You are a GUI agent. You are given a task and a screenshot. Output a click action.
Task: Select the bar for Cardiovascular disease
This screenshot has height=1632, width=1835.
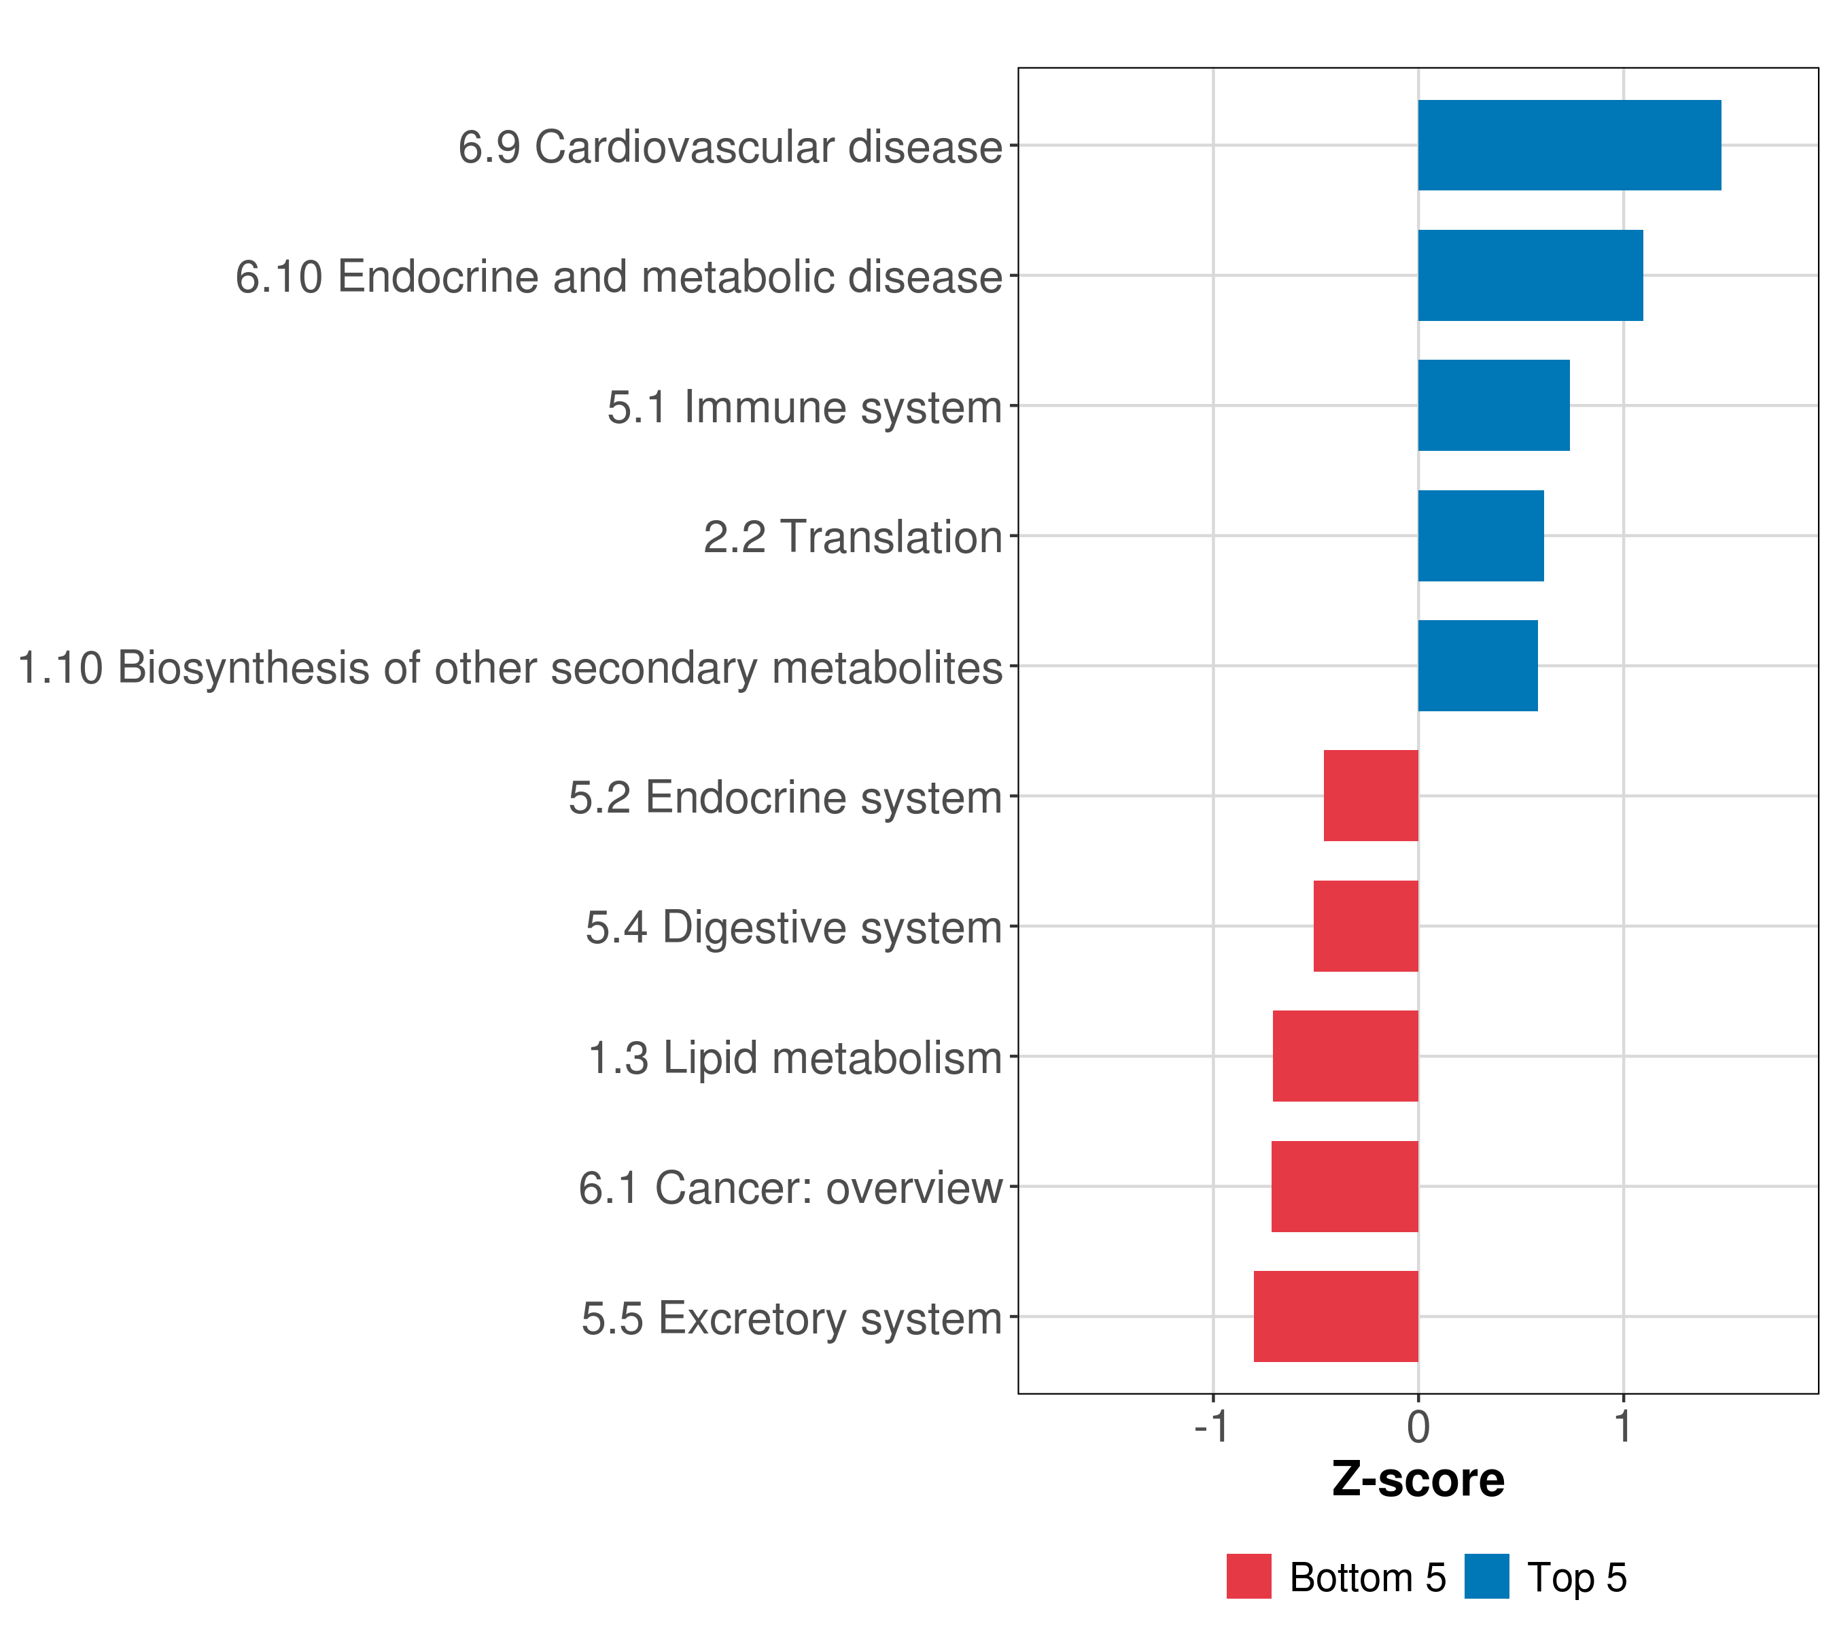click(1569, 145)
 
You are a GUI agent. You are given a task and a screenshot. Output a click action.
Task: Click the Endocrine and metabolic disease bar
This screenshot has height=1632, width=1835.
click(1531, 275)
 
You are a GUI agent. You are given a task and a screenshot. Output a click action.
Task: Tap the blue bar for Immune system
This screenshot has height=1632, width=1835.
click(1494, 405)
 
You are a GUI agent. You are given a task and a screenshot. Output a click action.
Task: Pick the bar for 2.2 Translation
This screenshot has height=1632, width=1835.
click(1482, 535)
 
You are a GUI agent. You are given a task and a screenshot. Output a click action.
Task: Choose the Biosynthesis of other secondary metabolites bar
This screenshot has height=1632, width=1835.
click(1478, 666)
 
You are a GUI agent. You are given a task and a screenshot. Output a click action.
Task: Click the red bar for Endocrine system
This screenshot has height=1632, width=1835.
click(1371, 796)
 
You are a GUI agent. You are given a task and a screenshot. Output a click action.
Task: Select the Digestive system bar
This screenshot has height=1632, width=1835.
click(1365, 926)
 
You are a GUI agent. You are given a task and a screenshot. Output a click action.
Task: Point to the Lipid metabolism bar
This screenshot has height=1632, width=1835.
click(1346, 1056)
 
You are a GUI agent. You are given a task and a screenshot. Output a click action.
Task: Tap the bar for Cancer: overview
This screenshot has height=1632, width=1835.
click(1345, 1187)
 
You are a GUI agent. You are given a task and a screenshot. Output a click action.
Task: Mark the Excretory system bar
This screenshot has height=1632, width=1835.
click(1336, 1316)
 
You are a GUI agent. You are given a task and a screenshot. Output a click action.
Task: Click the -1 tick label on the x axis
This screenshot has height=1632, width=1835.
click(1212, 1427)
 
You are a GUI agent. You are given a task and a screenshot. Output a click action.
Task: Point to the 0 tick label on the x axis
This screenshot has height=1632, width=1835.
click(1418, 1427)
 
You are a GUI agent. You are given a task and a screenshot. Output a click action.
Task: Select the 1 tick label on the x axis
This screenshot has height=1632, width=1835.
click(1623, 1427)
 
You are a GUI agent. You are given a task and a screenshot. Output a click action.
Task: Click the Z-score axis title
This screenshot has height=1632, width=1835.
click(1418, 1480)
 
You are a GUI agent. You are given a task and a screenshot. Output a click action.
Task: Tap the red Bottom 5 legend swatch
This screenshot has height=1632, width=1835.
click(1248, 1576)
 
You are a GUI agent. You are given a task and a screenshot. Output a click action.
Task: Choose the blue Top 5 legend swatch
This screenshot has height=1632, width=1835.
click(1486, 1576)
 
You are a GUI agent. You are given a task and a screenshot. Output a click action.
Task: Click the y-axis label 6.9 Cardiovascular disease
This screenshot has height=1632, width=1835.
click(730, 146)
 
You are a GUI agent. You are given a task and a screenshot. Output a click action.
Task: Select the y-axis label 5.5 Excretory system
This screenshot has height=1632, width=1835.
click(792, 1319)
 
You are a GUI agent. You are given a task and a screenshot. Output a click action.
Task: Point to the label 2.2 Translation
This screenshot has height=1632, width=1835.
click(853, 537)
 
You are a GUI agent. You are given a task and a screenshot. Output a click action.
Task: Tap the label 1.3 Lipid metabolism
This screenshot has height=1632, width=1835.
click(794, 1058)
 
